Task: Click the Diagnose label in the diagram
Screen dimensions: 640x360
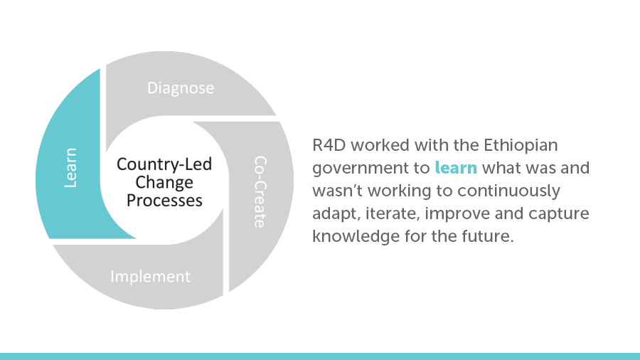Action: (x=181, y=88)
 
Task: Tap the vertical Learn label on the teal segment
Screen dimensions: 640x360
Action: (x=70, y=168)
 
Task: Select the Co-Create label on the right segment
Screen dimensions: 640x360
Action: (x=260, y=191)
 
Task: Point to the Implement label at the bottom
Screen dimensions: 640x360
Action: (x=150, y=277)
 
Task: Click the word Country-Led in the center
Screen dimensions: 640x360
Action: (x=164, y=164)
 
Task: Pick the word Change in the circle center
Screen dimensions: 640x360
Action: (x=164, y=182)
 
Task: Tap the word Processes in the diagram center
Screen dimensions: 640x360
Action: (x=164, y=201)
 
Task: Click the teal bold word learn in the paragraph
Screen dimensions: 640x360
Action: (x=456, y=168)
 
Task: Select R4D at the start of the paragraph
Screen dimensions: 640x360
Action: (x=329, y=145)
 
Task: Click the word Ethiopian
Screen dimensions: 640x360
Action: (x=521, y=146)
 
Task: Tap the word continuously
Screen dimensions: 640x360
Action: (x=508, y=191)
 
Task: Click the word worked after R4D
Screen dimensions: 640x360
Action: (x=380, y=145)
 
